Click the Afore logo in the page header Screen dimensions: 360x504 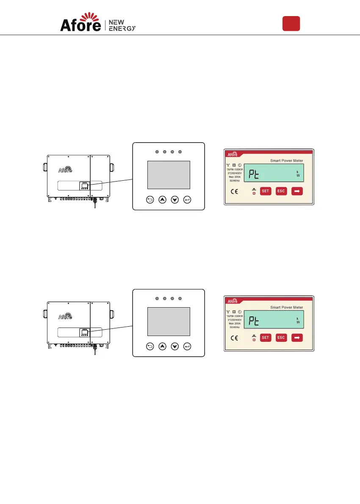pyautogui.click(x=80, y=22)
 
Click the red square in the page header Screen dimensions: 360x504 pyautogui.click(x=291, y=23)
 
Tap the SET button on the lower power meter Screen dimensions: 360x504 pyautogui.click(x=265, y=338)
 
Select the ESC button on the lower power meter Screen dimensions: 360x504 pyautogui.click(x=281, y=338)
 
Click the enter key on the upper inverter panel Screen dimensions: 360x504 pyautogui.click(x=188, y=200)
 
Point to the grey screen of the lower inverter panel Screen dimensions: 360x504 pyautogui.click(x=169, y=322)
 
